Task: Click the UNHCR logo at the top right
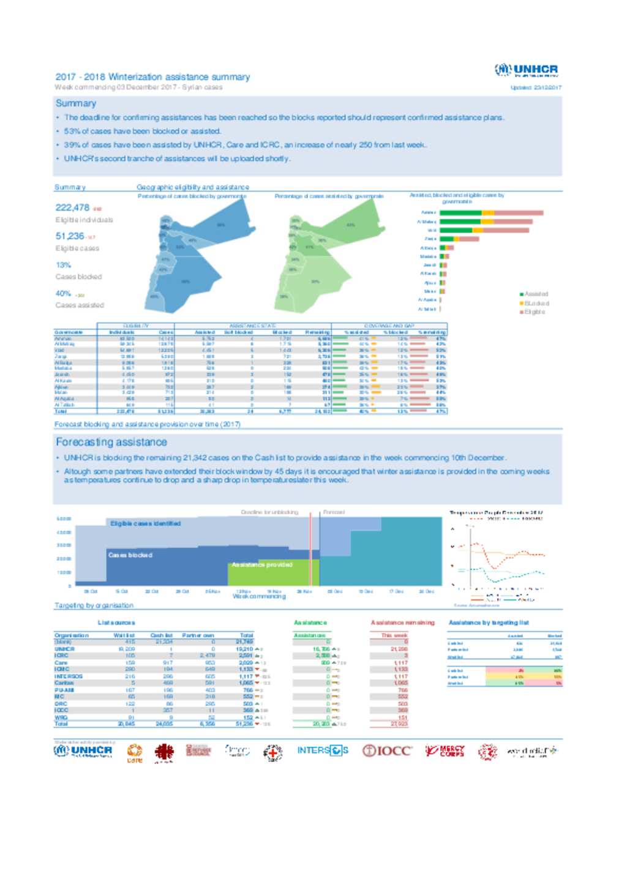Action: coord(527,70)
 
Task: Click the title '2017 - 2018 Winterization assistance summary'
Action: coord(152,77)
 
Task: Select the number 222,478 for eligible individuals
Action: coord(72,208)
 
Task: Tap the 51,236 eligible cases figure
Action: coord(69,236)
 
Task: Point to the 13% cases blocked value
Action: coord(63,265)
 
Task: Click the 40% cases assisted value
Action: coord(63,293)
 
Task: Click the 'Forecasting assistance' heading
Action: coord(111,442)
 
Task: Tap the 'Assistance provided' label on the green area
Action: coord(261,564)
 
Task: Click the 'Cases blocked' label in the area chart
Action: coord(130,555)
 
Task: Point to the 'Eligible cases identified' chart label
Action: coord(145,523)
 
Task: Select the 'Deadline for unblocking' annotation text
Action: coord(269,512)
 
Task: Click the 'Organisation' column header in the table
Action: coord(72,635)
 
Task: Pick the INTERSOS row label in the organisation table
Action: coord(68,676)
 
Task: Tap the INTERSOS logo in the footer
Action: coord(323,750)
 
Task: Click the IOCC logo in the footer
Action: coord(387,750)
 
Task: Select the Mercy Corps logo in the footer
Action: coord(445,750)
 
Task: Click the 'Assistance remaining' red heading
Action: coord(402,623)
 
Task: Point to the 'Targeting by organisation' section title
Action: coord(94,605)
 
